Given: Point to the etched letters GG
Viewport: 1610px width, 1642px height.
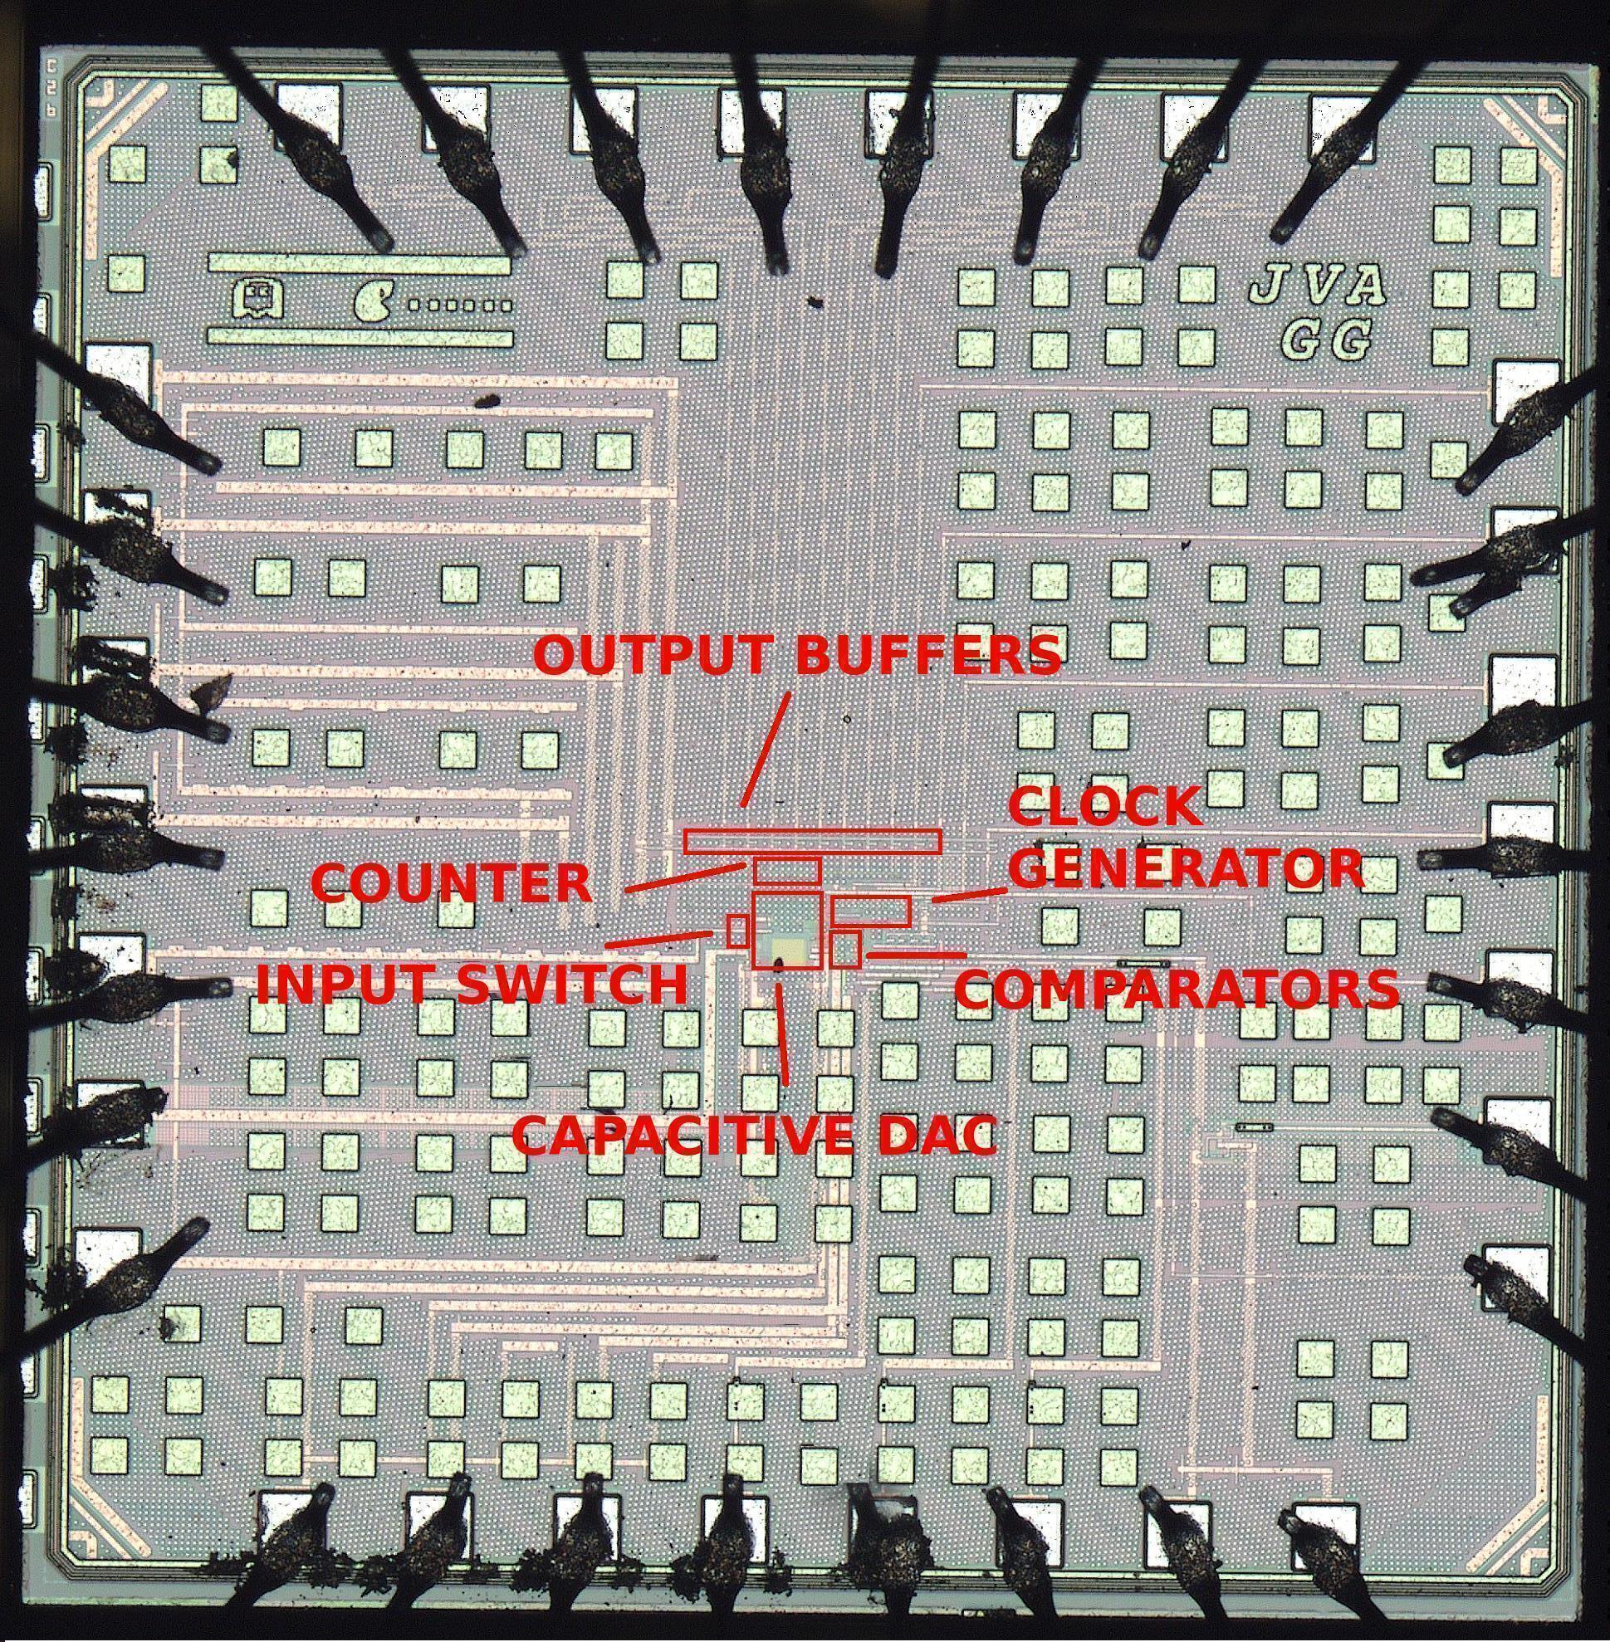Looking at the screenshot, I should [1324, 340].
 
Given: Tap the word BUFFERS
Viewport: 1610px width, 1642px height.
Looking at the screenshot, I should [928, 653].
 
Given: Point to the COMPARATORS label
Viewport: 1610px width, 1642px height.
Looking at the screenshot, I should [1177, 989].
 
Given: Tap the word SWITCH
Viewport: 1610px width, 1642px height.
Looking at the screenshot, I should [571, 984].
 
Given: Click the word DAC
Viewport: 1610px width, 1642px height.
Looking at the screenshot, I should [935, 1135].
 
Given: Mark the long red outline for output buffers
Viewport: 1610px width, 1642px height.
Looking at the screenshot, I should [812, 842].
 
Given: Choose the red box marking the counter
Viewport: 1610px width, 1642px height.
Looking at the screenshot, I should [787, 871].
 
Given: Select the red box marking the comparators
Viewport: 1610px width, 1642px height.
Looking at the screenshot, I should [844, 949].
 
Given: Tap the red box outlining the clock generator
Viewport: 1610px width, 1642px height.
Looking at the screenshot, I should [871, 911].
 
